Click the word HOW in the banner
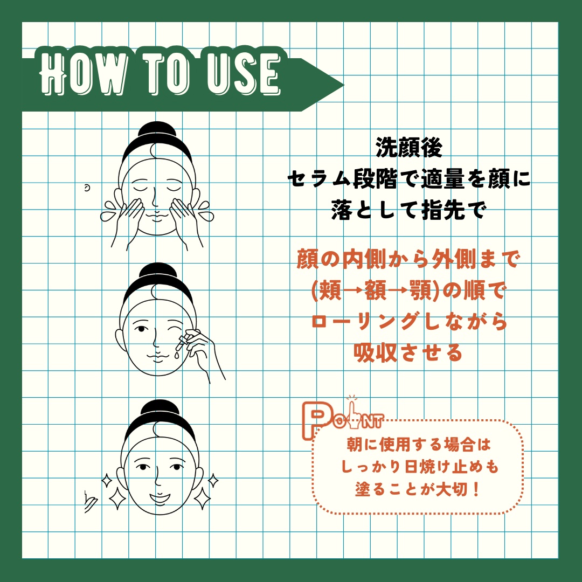[x=82, y=73]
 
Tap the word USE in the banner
[x=243, y=73]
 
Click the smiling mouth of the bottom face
[x=160, y=498]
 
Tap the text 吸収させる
[x=408, y=352]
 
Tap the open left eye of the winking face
[x=141, y=329]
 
